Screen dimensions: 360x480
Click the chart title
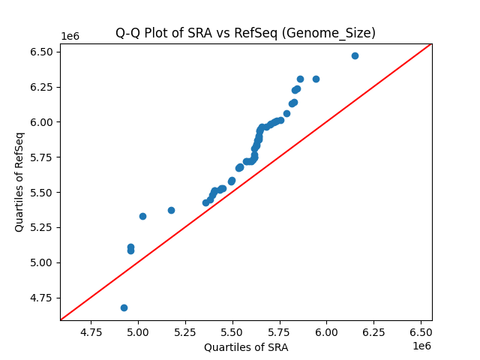[245, 33]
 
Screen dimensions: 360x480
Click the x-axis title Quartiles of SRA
[245, 347]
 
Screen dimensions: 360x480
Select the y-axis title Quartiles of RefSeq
[19, 181]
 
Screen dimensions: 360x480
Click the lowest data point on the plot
[124, 307]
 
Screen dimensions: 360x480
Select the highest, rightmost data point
[355, 55]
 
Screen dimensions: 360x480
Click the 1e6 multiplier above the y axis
[70, 37]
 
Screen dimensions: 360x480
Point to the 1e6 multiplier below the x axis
[421, 346]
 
